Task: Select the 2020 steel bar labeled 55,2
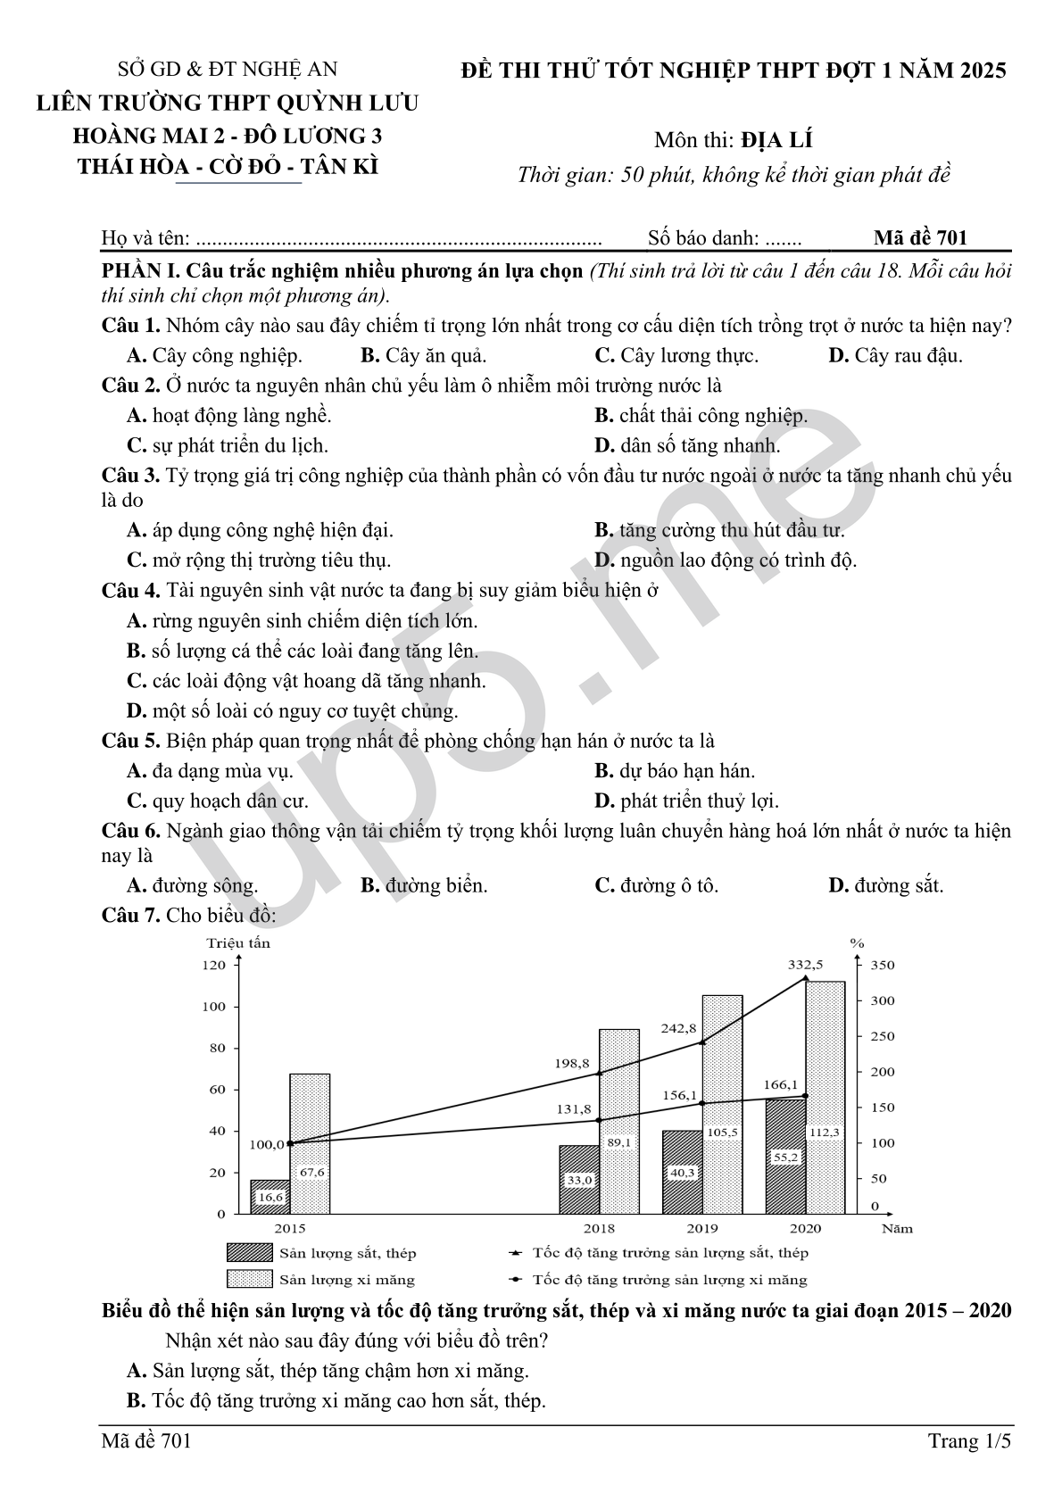pos(785,1156)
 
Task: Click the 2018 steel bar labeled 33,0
pos(579,1179)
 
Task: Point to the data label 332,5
pos(805,964)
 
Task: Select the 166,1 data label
pos(781,1084)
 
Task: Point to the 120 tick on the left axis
pos(214,965)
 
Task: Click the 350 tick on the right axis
pos(882,965)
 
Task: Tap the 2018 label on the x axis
pos(599,1229)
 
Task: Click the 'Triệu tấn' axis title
pos(238,942)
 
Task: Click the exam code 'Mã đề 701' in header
pos(920,237)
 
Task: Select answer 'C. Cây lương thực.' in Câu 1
pos(676,355)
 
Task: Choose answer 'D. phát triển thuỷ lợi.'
pos(686,801)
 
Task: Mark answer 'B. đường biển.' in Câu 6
pos(424,885)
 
